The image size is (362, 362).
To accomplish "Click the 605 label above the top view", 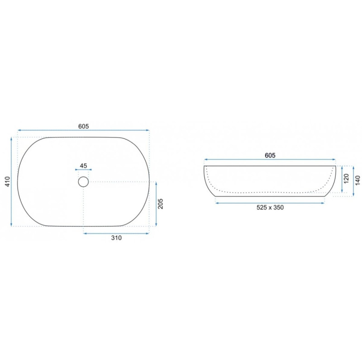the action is [x=83, y=126].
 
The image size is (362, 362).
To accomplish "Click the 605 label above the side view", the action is [x=270, y=155].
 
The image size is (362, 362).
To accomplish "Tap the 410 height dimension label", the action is [x=8, y=181].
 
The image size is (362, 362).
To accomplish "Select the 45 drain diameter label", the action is [x=83, y=166].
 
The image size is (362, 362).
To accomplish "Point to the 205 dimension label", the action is [x=161, y=204].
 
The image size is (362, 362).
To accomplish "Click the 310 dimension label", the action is [x=116, y=238].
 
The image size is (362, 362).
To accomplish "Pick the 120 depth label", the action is [x=347, y=179].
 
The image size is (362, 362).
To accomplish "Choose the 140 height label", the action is [x=357, y=180].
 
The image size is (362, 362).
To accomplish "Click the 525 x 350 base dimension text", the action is [x=270, y=207].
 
